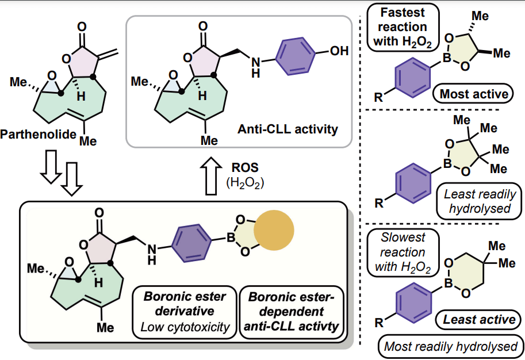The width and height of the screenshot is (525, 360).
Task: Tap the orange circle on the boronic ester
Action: pyautogui.click(x=281, y=231)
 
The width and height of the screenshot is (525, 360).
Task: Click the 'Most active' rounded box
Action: pyautogui.click(x=474, y=94)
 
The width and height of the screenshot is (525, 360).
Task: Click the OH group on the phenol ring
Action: pyautogui.click(x=338, y=51)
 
